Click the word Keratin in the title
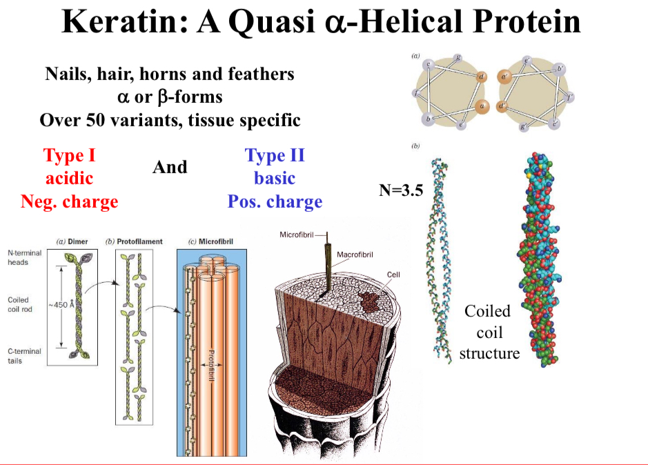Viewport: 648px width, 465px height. click(124, 22)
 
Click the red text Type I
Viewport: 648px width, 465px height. click(69, 155)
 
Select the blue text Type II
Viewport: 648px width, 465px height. click(275, 155)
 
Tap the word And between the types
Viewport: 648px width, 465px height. click(169, 168)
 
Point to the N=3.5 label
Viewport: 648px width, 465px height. click(401, 190)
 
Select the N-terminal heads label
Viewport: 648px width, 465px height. click(24, 257)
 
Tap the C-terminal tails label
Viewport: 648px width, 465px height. click(24, 356)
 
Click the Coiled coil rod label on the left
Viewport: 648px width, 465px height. click(21, 304)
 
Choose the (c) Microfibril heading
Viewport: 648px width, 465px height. click(210, 241)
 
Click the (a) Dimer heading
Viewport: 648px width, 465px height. click(72, 241)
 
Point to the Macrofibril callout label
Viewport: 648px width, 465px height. click(355, 255)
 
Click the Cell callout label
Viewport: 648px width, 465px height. click(393, 275)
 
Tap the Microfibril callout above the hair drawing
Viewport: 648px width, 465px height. click(297, 235)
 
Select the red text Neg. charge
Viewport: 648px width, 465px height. click(69, 202)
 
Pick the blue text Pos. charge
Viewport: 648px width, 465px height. click(275, 202)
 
